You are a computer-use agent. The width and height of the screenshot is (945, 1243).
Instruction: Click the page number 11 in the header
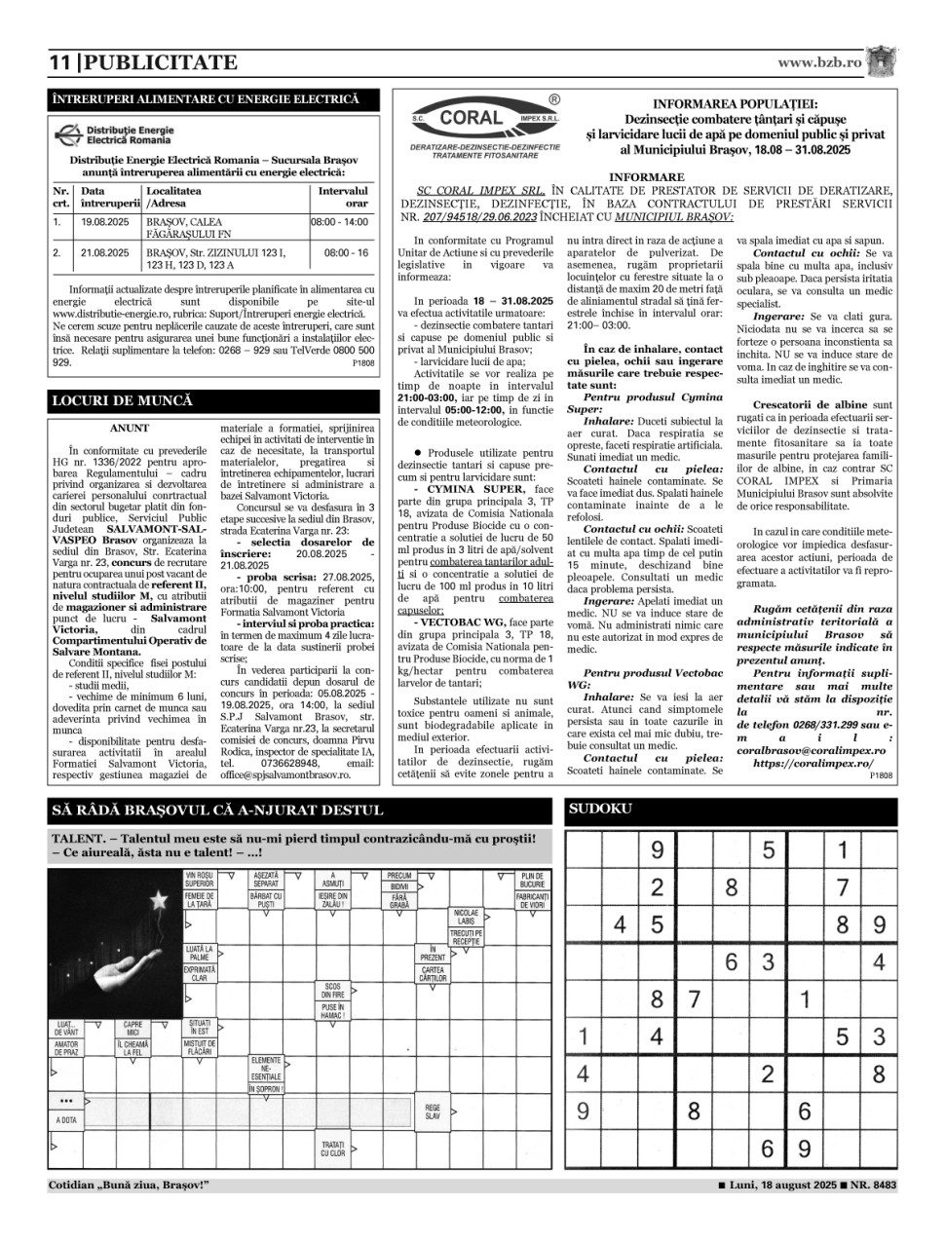(x=59, y=63)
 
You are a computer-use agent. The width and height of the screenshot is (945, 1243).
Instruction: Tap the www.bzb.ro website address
(x=819, y=62)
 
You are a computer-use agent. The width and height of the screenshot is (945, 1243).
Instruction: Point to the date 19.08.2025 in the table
(x=105, y=222)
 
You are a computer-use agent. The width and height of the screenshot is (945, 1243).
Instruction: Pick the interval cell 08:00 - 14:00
(x=339, y=222)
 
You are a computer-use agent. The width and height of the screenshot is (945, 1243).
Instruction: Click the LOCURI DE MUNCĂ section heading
(x=122, y=400)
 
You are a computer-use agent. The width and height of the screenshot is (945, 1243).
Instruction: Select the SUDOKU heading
(x=600, y=809)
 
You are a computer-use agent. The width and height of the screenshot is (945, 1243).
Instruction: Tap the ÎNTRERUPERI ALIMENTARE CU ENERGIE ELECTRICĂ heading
(x=206, y=99)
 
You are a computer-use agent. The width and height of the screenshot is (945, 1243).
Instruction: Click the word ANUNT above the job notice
(x=130, y=428)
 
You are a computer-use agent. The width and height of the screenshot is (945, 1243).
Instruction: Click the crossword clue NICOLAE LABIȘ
(x=465, y=917)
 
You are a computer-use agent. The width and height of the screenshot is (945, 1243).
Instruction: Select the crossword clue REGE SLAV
(x=433, y=1111)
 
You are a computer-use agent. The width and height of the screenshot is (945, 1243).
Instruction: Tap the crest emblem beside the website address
(x=884, y=61)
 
